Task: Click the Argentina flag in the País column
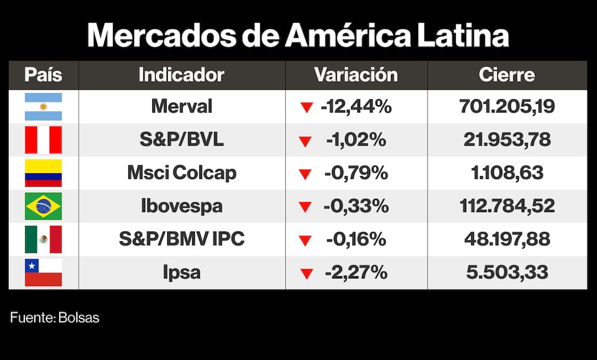pyautogui.click(x=43, y=107)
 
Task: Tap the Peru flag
pyautogui.click(x=43, y=140)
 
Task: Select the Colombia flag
pyautogui.click(x=43, y=173)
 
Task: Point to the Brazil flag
pyautogui.click(x=43, y=207)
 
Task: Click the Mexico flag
pyautogui.click(x=43, y=239)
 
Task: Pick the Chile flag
pyautogui.click(x=43, y=273)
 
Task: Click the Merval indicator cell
pyautogui.click(x=181, y=107)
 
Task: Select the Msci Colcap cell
pyautogui.click(x=181, y=173)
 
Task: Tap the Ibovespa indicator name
pyautogui.click(x=181, y=207)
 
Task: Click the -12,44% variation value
pyautogui.click(x=356, y=107)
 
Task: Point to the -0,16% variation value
pyautogui.click(x=356, y=239)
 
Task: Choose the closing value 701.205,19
pyautogui.click(x=507, y=107)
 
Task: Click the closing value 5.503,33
pyautogui.click(x=507, y=273)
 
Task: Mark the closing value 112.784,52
pyautogui.click(x=507, y=207)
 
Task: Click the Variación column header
pyautogui.click(x=356, y=75)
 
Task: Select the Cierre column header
pyautogui.click(x=507, y=75)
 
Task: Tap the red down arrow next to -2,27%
pyautogui.click(x=307, y=274)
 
